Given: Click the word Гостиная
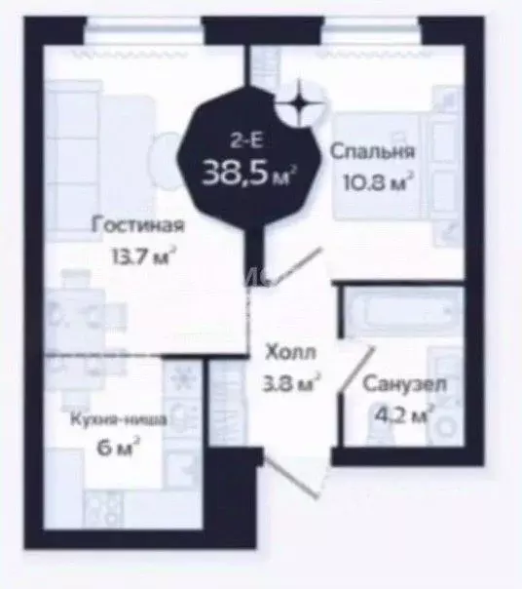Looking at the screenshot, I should pyautogui.click(x=138, y=226).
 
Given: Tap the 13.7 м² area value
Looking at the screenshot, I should pyautogui.click(x=141, y=257).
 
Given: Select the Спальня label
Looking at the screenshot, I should pyautogui.click(x=373, y=152).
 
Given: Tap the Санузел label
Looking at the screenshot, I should pyautogui.click(x=405, y=384).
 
